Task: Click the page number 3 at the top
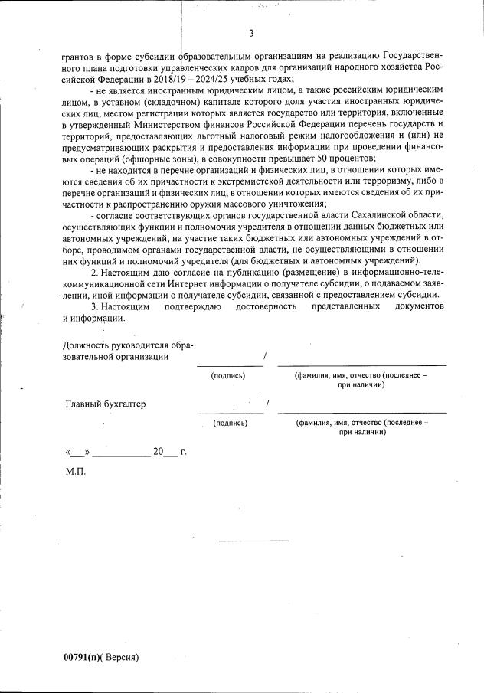click(x=251, y=33)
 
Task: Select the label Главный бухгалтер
click(x=106, y=404)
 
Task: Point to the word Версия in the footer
click(x=121, y=657)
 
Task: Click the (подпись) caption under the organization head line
click(x=229, y=375)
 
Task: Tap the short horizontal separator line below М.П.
click(x=253, y=541)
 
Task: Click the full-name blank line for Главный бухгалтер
click(x=361, y=413)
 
